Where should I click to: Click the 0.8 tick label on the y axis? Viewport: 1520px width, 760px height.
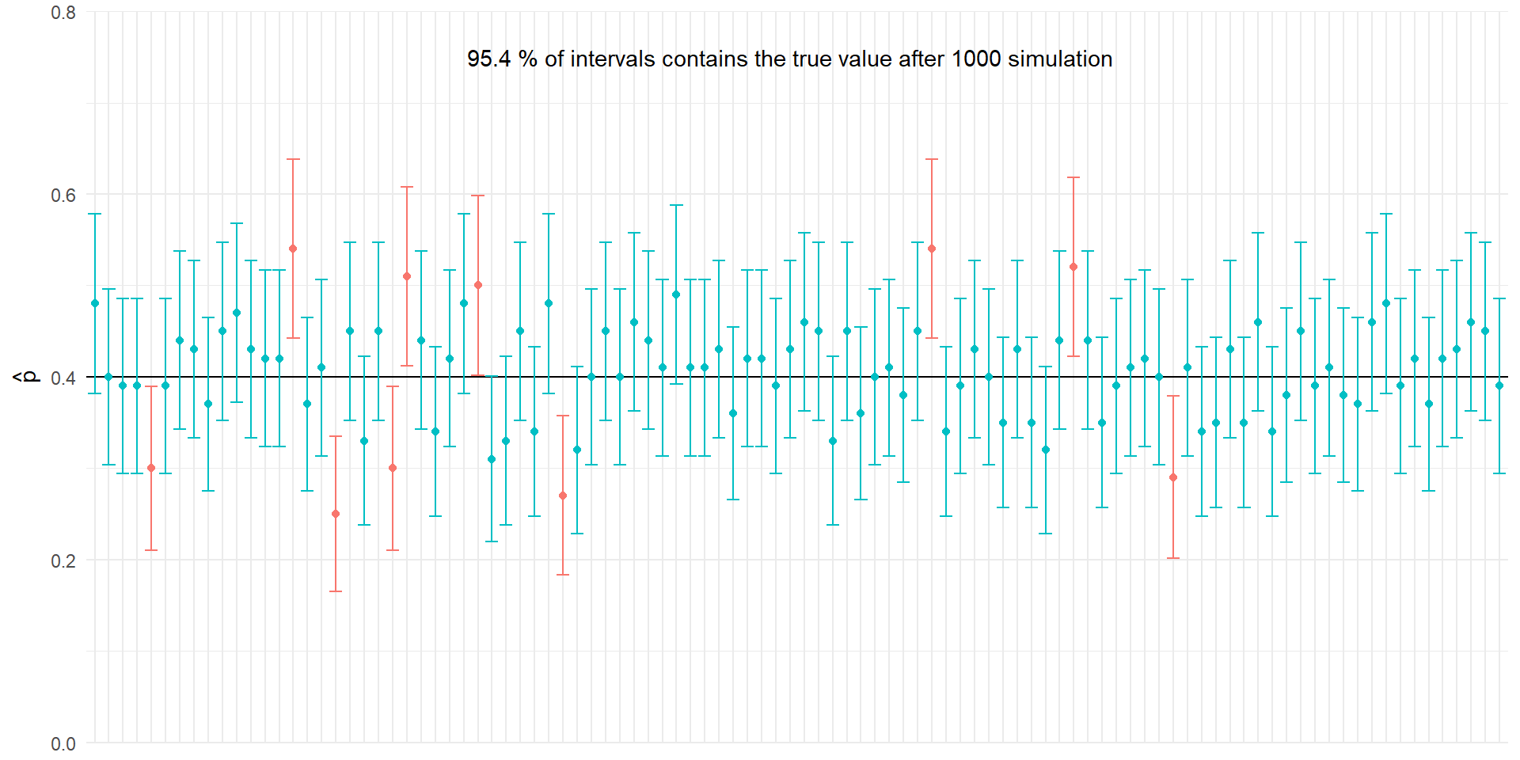click(63, 13)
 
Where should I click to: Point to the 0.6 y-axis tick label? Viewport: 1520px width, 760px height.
click(63, 196)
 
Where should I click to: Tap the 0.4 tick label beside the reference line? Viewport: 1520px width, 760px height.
click(63, 378)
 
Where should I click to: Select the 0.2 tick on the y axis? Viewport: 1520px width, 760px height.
click(63, 561)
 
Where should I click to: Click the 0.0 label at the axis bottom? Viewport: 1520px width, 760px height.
click(63, 744)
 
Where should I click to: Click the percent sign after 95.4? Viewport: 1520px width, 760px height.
click(528, 59)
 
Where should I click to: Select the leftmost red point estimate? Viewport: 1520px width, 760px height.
click(151, 468)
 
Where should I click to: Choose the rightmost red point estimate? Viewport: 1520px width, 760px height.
click(1173, 477)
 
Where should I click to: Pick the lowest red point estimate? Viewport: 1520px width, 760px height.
click(336, 514)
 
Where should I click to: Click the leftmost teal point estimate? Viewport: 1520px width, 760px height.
click(95, 303)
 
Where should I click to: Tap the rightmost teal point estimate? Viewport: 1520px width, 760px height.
click(1499, 386)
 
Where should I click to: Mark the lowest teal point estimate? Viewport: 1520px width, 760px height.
click(492, 459)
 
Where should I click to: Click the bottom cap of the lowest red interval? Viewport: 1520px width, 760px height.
click(336, 591)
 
